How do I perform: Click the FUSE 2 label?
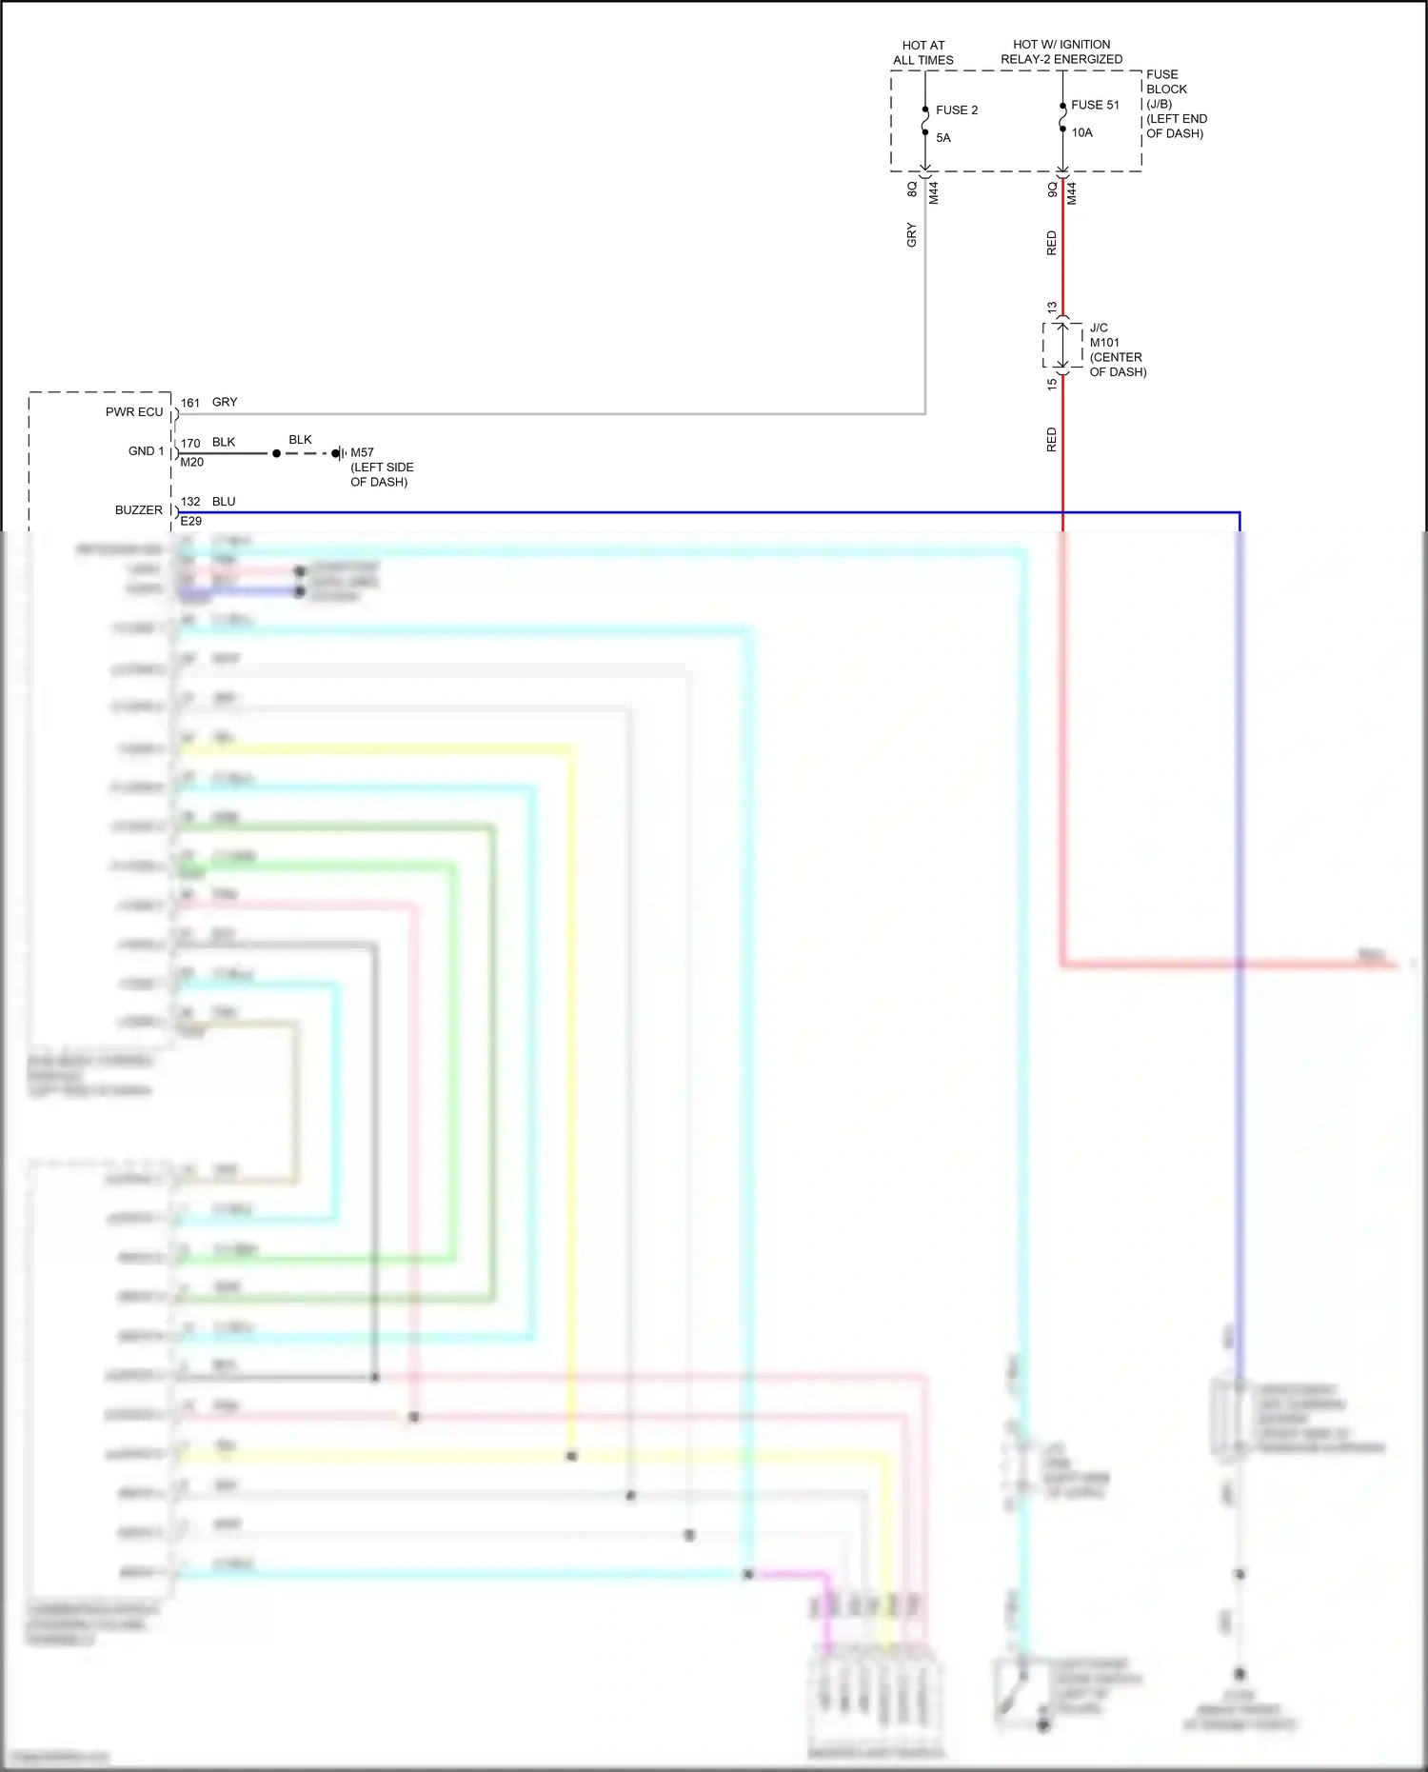[x=957, y=110]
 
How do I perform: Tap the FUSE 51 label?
[x=1095, y=105]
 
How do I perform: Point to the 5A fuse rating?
[x=943, y=138]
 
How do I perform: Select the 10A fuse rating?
[x=1082, y=132]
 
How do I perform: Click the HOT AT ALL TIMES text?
[x=922, y=52]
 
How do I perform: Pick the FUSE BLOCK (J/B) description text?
[x=1176, y=104]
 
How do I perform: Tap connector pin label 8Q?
[x=912, y=189]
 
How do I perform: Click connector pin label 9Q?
[x=1052, y=189]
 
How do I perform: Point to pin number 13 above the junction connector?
[x=1052, y=309]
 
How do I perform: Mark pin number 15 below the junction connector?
[x=1052, y=385]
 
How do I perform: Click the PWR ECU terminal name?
[x=134, y=412]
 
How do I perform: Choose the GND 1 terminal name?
[x=146, y=451]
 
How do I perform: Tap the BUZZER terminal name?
[x=139, y=510]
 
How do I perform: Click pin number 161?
[x=190, y=403]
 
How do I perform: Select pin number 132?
[x=190, y=502]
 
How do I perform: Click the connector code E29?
[x=191, y=522]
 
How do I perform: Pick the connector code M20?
[x=192, y=463]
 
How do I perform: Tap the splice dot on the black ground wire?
[x=276, y=453]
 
